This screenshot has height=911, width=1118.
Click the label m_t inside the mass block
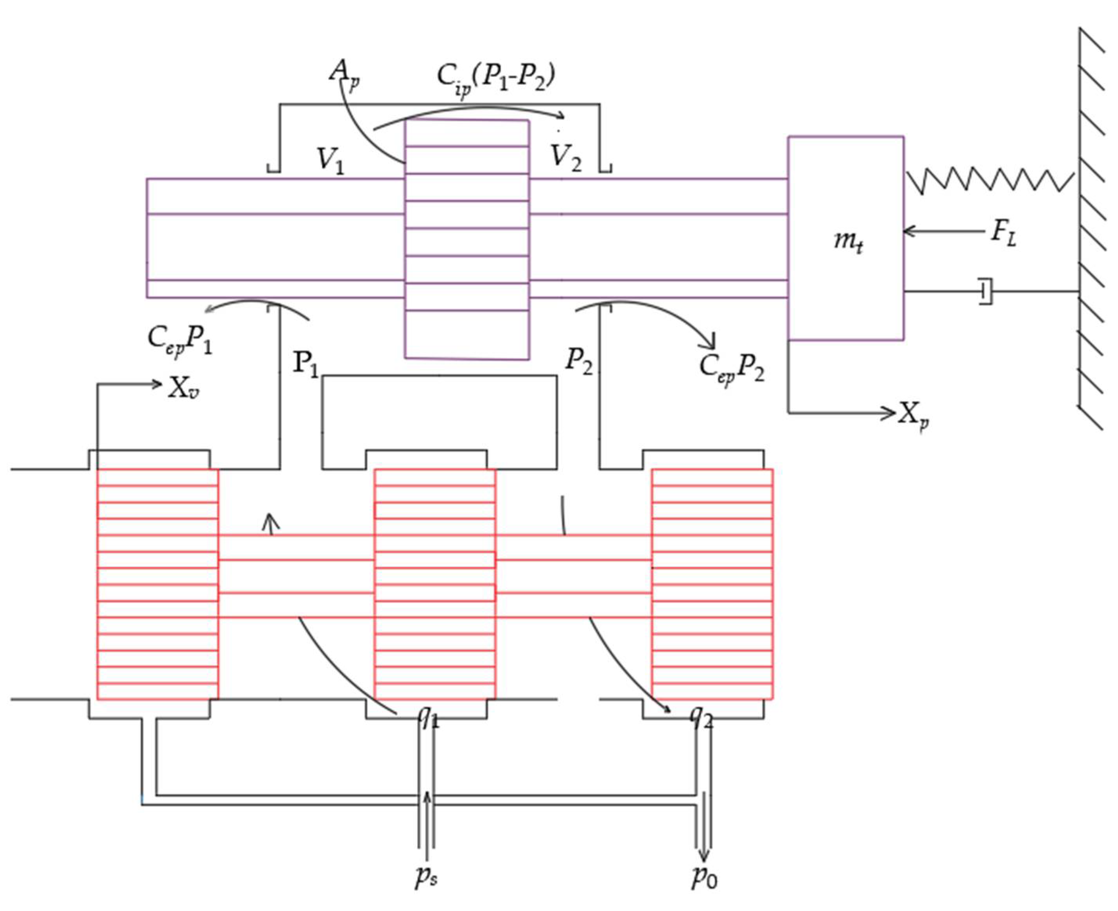pyautogui.click(x=847, y=242)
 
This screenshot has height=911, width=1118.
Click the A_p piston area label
pyautogui.click(x=344, y=74)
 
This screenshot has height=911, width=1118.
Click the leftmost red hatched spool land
pyautogui.click(x=158, y=584)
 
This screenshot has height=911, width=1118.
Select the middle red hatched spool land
pyautogui.click(x=435, y=584)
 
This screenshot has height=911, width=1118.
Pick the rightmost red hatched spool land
pyautogui.click(x=712, y=584)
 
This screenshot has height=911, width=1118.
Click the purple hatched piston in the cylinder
pyautogui.click(x=466, y=240)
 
